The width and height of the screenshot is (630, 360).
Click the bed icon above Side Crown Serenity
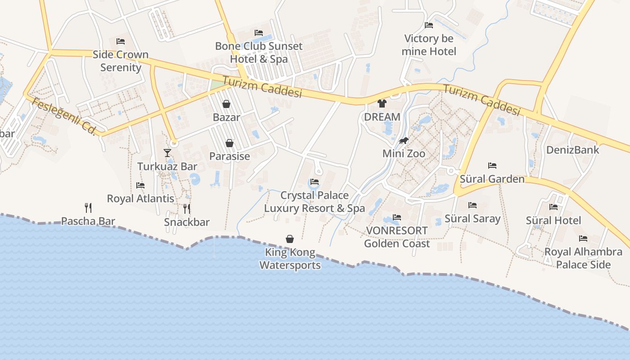click(121, 41)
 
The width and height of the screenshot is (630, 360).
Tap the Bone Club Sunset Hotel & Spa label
click(259, 52)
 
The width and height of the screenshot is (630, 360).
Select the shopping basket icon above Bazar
click(226, 104)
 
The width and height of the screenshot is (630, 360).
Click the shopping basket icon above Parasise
click(229, 144)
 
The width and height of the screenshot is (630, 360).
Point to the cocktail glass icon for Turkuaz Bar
click(167, 153)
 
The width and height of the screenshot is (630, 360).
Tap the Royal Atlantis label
click(140, 198)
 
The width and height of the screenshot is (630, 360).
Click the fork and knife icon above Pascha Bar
click(88, 208)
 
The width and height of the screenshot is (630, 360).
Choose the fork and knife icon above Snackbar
click(187, 209)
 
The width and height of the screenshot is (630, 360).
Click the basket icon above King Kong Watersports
click(290, 239)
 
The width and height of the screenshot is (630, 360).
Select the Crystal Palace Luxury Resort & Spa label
click(314, 202)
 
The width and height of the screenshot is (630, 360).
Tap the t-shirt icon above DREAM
click(382, 103)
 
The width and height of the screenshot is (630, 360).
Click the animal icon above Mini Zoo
click(404, 141)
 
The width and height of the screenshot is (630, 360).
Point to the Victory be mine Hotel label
click(429, 45)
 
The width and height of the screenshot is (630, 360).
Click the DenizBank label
click(572, 150)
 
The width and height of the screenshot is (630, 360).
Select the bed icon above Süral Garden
click(492, 166)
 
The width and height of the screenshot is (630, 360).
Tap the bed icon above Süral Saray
click(472, 206)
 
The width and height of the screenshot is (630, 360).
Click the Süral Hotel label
click(553, 220)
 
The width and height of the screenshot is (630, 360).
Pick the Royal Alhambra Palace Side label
click(583, 258)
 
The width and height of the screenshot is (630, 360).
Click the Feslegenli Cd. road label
click(64, 116)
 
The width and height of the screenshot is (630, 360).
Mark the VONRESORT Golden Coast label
click(397, 237)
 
